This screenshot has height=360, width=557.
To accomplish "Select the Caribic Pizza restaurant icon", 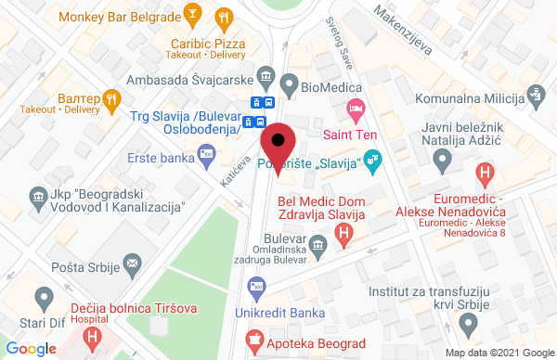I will [x=223, y=18].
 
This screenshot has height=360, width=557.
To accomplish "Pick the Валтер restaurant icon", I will [x=111, y=96].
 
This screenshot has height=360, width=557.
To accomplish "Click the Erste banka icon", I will [x=207, y=159].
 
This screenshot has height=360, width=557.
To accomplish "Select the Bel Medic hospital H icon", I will [x=343, y=236].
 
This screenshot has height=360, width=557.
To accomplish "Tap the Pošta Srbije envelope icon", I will [x=132, y=264].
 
